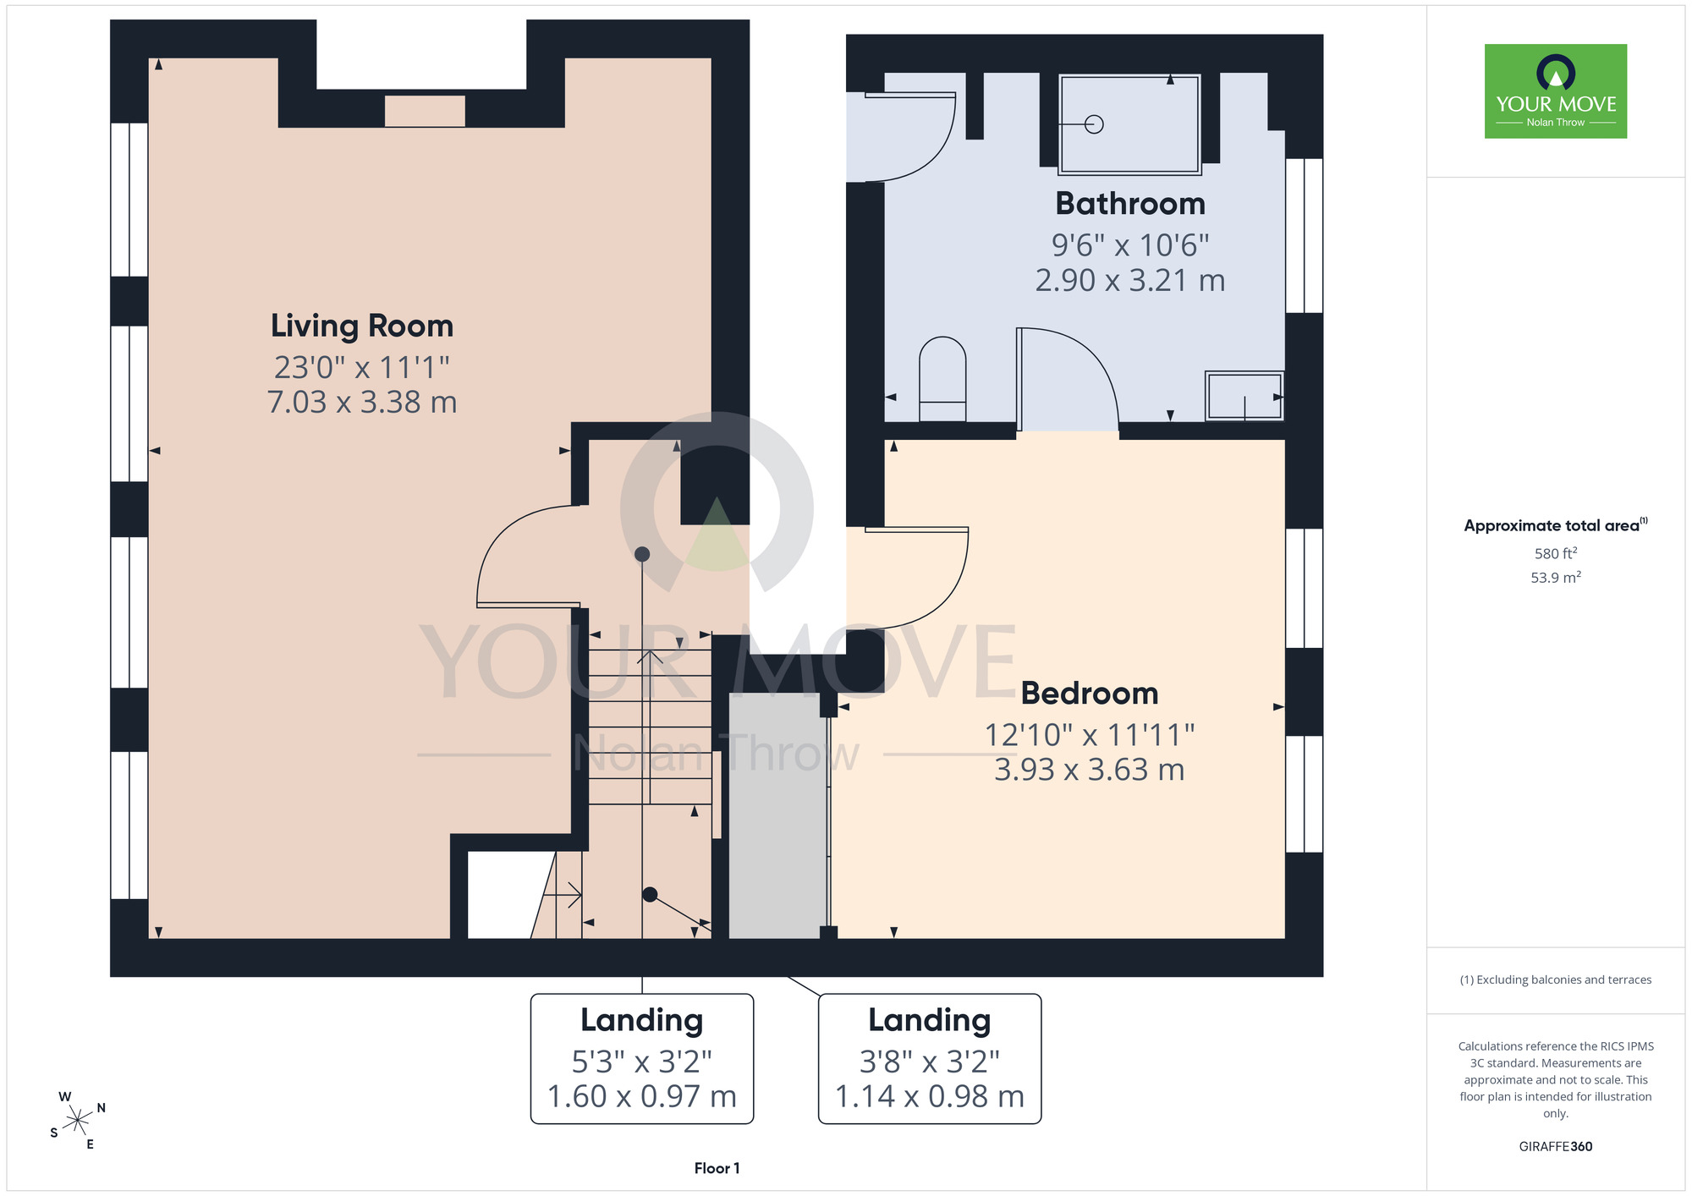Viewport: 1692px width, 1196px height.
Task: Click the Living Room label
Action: pyautogui.click(x=362, y=326)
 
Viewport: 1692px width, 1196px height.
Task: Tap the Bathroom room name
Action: pyautogui.click(x=1130, y=204)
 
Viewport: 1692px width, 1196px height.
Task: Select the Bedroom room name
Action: pyautogui.click(x=1090, y=694)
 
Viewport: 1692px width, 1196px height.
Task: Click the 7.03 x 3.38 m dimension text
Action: pyautogui.click(x=362, y=402)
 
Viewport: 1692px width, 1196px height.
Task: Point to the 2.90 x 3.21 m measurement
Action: pyautogui.click(x=1130, y=280)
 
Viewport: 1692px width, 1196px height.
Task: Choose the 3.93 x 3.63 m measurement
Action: pyautogui.click(x=1090, y=770)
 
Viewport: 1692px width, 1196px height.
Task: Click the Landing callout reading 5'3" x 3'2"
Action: pyautogui.click(x=642, y=1059)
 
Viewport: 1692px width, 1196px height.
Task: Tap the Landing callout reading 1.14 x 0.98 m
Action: pyautogui.click(x=930, y=1059)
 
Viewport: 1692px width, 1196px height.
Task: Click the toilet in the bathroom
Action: pyautogui.click(x=942, y=379)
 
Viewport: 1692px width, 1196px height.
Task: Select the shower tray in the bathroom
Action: pyautogui.click(x=1129, y=124)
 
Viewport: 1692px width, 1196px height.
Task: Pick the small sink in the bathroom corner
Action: pyautogui.click(x=1244, y=395)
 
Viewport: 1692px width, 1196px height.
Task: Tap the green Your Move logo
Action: pyautogui.click(x=1556, y=91)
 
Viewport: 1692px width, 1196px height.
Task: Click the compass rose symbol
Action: pyautogui.click(x=77, y=1121)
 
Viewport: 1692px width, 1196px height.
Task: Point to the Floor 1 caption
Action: pyautogui.click(x=717, y=1168)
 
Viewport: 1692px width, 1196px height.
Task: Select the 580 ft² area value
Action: pyautogui.click(x=1556, y=553)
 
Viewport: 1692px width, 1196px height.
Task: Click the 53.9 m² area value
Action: pyautogui.click(x=1556, y=578)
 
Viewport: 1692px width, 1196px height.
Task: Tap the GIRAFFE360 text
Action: pyautogui.click(x=1556, y=1147)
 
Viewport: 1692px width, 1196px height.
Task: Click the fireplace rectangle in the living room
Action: pyautogui.click(x=425, y=111)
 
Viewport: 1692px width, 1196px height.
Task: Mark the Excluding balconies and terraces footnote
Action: pyautogui.click(x=1556, y=979)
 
